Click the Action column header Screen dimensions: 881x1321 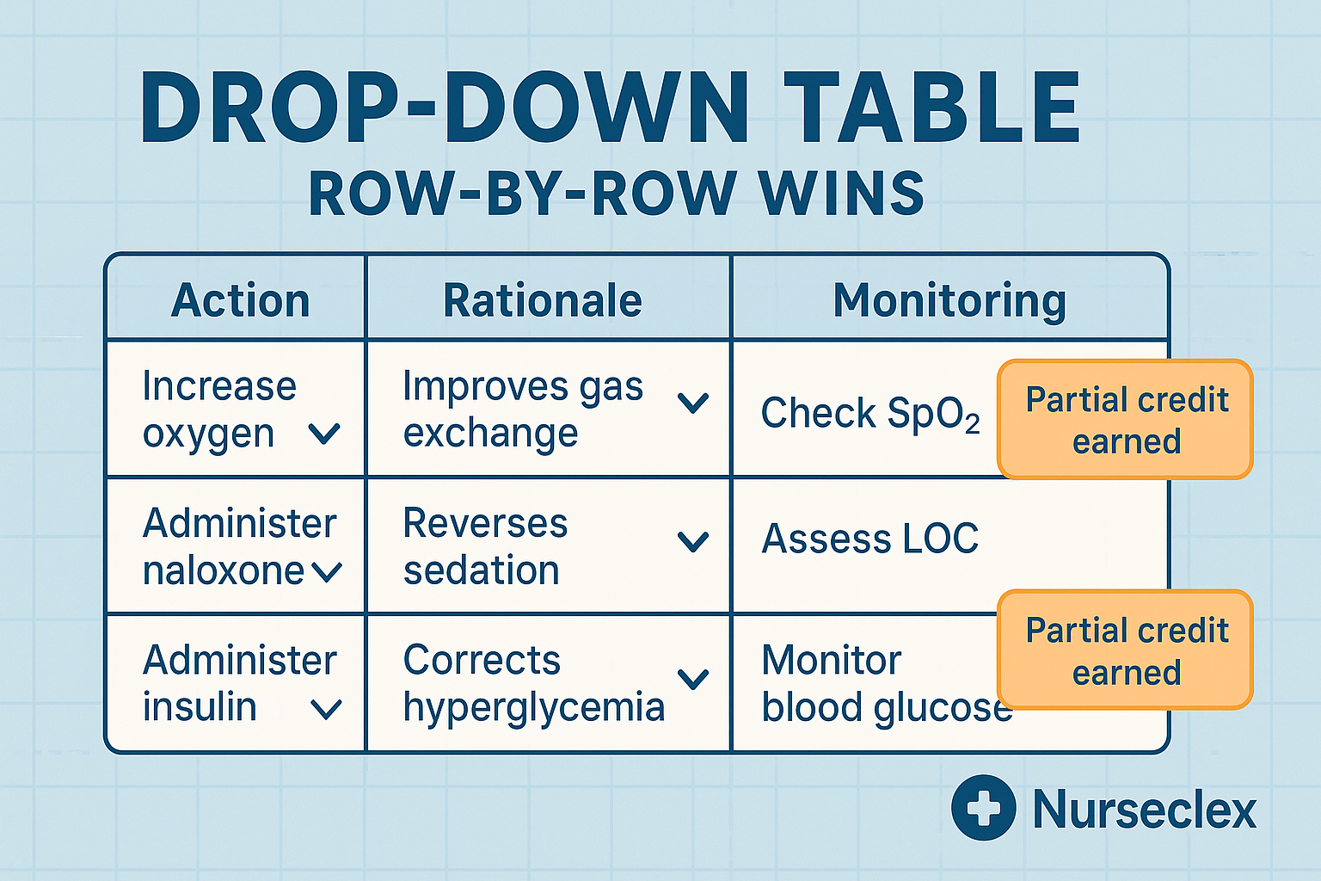[x=240, y=300]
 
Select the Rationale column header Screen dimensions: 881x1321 [x=542, y=300]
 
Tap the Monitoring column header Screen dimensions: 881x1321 [x=949, y=300]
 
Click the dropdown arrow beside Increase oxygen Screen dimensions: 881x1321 [x=324, y=434]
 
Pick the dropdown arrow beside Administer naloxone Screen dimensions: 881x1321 [x=327, y=571]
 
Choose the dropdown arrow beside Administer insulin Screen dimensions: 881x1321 [x=326, y=709]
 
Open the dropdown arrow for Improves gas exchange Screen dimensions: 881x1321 [x=692, y=402]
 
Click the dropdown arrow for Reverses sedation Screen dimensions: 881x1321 [x=692, y=541]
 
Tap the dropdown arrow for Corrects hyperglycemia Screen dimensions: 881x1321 [x=692, y=679]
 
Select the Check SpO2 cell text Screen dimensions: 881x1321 [x=869, y=414]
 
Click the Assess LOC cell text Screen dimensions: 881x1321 [x=869, y=539]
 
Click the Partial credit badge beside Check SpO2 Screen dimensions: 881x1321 [x=1125, y=419]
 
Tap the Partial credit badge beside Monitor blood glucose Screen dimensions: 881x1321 [x=1125, y=650]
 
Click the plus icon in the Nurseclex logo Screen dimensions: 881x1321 [x=983, y=808]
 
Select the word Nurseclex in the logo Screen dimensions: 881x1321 [x=1144, y=810]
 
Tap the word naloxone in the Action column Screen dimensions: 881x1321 [x=223, y=570]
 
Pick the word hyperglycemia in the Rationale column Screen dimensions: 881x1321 [x=533, y=707]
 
